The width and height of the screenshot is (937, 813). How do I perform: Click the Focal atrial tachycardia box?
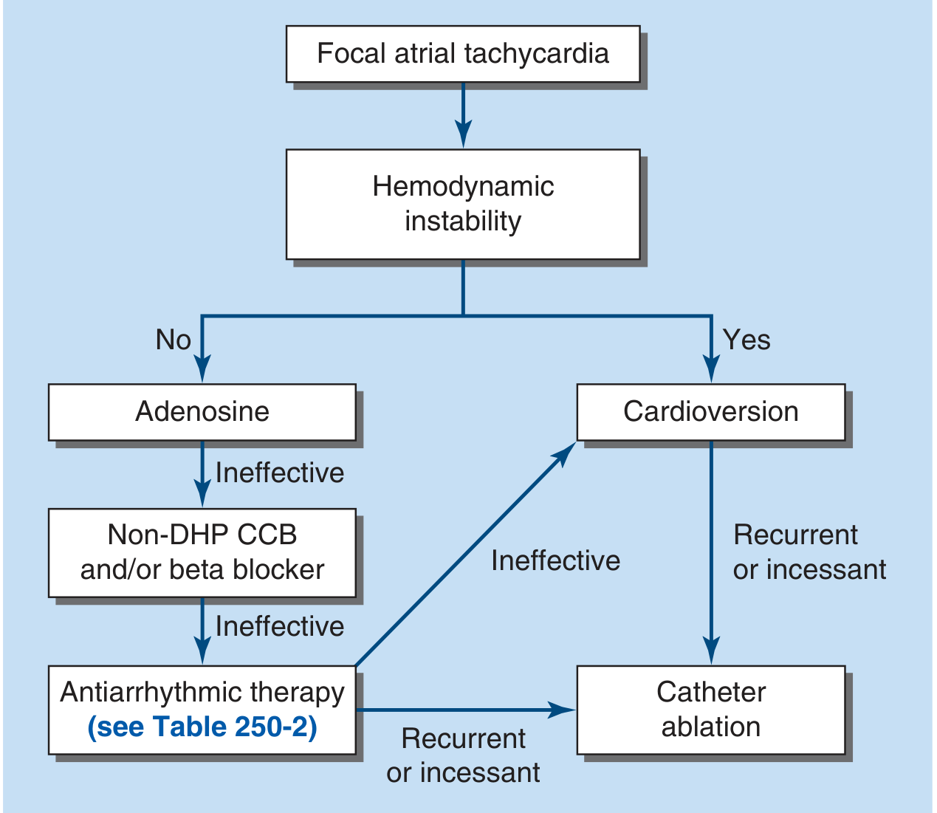(463, 54)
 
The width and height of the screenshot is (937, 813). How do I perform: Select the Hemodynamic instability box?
(463, 204)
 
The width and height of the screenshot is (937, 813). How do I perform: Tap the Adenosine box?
(202, 411)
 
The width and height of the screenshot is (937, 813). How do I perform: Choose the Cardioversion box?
(710, 411)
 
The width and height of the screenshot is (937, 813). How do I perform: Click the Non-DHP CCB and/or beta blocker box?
(202, 552)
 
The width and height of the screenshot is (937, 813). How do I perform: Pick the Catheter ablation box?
(710, 710)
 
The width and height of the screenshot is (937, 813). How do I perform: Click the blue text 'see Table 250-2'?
(202, 727)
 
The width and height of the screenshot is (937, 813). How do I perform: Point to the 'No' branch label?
(174, 340)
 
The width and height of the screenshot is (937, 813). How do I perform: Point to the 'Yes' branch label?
(746, 340)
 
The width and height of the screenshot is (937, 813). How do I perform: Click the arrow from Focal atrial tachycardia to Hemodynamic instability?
(463, 115)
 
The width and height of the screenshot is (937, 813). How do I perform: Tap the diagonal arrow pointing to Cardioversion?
(465, 555)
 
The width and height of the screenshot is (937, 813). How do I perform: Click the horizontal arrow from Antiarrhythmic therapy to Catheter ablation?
(465, 710)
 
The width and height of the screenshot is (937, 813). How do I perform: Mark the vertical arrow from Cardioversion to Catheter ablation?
(711, 554)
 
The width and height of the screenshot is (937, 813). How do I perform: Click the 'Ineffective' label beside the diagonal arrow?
(555, 561)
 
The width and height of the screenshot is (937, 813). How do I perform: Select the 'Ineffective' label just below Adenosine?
(280, 473)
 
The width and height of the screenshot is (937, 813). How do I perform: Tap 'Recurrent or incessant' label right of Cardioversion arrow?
(809, 552)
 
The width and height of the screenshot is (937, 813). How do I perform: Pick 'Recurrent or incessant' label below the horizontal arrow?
(463, 755)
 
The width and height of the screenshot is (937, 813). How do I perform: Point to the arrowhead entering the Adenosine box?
(202, 368)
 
